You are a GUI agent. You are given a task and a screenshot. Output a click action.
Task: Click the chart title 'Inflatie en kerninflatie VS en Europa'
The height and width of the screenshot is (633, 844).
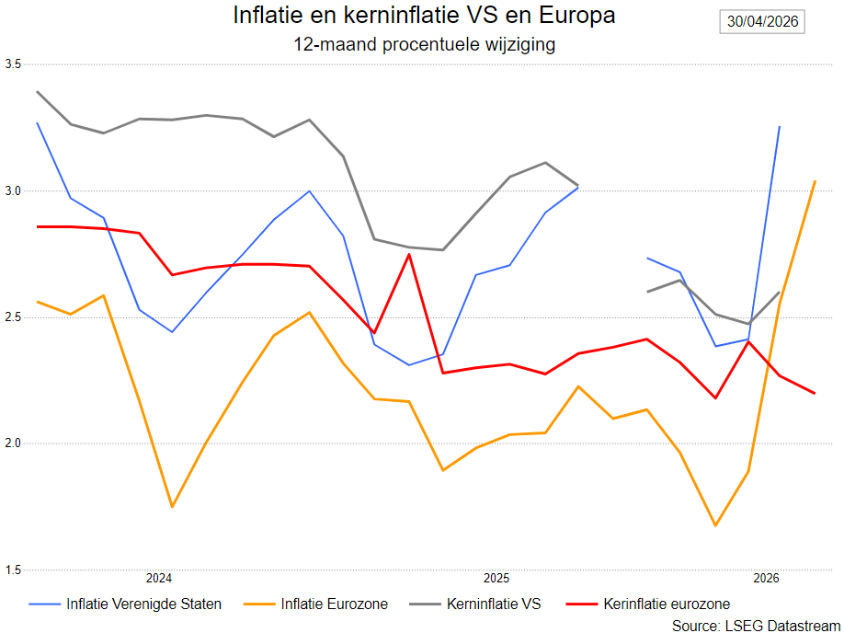424,15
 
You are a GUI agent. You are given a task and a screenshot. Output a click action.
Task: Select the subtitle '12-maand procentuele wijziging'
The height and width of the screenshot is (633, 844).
424,44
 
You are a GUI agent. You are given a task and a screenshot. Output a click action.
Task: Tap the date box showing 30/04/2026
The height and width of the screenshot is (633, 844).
762,21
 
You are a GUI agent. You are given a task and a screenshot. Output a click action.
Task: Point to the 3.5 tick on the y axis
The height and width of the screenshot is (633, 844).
13,64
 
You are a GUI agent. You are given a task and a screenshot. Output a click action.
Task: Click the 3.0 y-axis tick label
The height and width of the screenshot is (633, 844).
13,191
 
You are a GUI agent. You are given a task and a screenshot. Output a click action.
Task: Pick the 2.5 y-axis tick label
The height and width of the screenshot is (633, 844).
13,317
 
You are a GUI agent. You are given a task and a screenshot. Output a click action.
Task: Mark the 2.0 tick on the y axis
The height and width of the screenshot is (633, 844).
13,443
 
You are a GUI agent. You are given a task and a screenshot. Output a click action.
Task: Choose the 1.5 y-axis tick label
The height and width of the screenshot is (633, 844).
13,570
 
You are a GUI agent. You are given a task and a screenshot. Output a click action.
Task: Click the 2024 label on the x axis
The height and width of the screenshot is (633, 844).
159,579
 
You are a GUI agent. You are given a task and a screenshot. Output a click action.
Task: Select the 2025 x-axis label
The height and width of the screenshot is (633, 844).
496,579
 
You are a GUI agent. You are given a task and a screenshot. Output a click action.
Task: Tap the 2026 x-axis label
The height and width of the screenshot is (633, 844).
766,579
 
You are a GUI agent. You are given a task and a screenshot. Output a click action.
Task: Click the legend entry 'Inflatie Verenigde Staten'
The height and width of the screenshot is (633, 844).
125,604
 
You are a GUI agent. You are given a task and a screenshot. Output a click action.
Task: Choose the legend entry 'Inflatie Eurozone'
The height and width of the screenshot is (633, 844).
315,604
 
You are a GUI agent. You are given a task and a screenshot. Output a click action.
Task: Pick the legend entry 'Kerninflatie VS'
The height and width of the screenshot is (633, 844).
474,604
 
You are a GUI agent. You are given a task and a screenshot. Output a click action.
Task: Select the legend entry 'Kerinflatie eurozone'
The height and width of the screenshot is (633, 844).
648,604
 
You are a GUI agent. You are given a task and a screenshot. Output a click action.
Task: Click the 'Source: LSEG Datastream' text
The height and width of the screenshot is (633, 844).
757,625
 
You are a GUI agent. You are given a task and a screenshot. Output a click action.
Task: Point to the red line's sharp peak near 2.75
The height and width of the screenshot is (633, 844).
409,254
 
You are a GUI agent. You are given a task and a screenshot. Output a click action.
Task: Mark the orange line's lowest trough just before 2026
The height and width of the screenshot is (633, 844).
715,525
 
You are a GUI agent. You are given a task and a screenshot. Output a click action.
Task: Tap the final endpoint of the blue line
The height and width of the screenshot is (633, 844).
780,127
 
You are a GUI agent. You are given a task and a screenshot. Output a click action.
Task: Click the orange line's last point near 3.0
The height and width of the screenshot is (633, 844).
815,181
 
